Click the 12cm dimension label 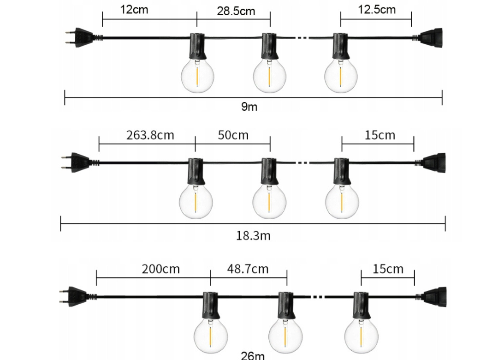click(x=134, y=10)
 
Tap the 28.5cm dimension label click(x=236, y=12)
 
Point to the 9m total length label click(x=249, y=107)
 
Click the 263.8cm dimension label click(x=150, y=135)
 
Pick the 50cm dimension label click(x=233, y=135)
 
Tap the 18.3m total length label click(x=253, y=236)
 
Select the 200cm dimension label click(x=160, y=269)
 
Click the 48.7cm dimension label click(x=248, y=269)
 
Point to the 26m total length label click(x=253, y=355)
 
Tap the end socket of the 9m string click(x=431, y=38)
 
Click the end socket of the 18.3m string click(x=434, y=162)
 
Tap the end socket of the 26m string click(x=435, y=296)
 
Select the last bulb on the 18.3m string click(x=342, y=201)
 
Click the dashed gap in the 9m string click(x=302, y=38)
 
